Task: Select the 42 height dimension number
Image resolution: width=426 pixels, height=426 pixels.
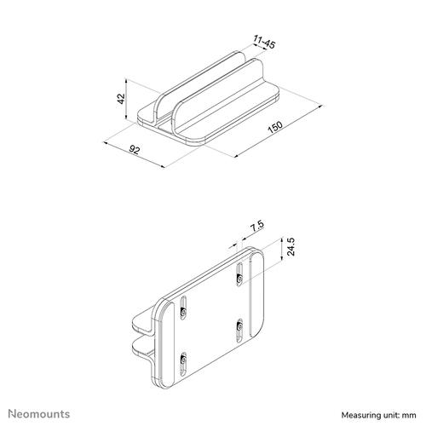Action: [122, 100]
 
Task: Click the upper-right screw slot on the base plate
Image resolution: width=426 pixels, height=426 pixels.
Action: [241, 275]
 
